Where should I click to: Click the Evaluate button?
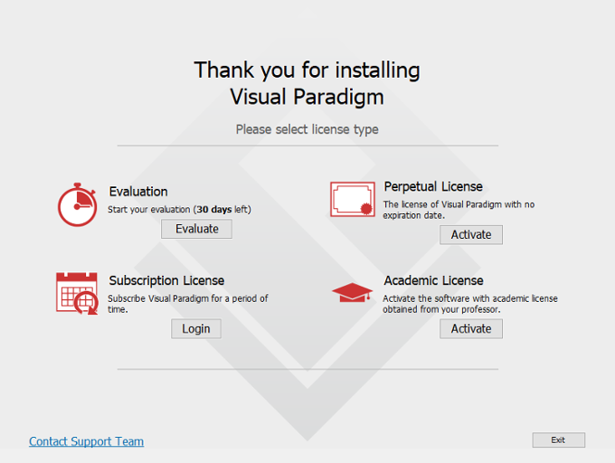[x=196, y=229]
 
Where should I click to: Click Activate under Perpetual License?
[x=470, y=234]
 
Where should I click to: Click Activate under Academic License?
[x=470, y=328]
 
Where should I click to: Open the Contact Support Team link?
[x=86, y=441]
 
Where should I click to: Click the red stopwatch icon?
[x=77, y=204]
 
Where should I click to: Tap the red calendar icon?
[x=76, y=293]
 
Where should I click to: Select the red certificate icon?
[x=352, y=199]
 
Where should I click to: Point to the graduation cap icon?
[x=352, y=292]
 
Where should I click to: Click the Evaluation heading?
[x=138, y=192]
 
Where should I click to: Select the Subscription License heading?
[x=166, y=280]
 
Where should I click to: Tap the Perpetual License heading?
[x=433, y=186]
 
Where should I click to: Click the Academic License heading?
[x=433, y=280]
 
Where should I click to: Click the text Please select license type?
[x=307, y=129]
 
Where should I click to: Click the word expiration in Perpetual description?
[x=404, y=215]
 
